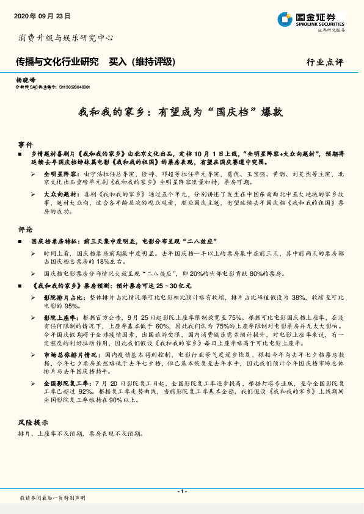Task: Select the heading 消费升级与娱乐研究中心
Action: tap(65, 38)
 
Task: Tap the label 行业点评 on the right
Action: tap(325, 62)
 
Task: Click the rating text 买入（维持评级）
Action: tap(142, 62)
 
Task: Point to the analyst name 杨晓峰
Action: tap(26, 80)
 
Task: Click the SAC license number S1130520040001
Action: tap(78, 87)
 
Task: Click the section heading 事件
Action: tap(25, 145)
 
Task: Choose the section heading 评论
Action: tap(25, 230)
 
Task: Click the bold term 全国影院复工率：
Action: tap(65, 382)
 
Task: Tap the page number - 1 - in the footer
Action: tap(181, 491)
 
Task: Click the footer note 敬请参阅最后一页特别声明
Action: tap(53, 498)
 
